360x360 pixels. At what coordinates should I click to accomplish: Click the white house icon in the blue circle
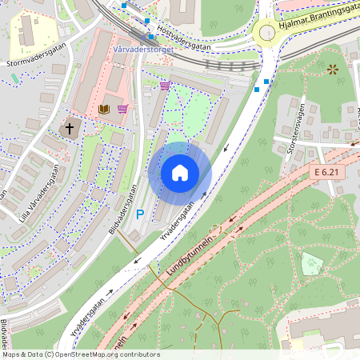180,173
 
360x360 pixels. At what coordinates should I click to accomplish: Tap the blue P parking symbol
140,214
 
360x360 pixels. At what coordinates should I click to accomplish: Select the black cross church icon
70,128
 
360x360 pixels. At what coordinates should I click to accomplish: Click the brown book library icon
103,109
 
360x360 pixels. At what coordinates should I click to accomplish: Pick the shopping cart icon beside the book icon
122,109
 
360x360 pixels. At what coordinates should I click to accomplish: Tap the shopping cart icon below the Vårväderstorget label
165,85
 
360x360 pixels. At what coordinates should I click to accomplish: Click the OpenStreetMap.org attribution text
81,354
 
